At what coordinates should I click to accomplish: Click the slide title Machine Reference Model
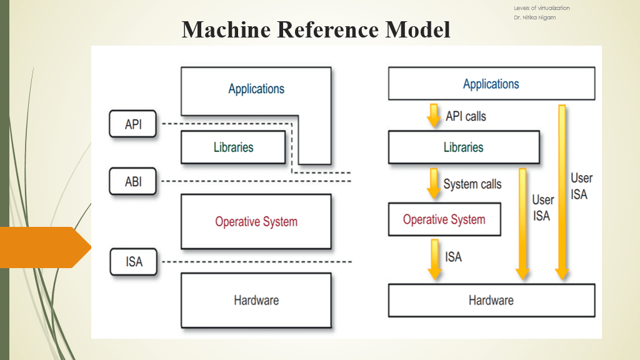pyautogui.click(x=316, y=29)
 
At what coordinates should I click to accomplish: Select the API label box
pyautogui.click(x=133, y=124)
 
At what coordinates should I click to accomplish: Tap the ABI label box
pyautogui.click(x=133, y=182)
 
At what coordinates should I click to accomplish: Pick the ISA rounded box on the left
pyautogui.click(x=134, y=261)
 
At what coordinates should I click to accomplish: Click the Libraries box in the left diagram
pyautogui.click(x=234, y=147)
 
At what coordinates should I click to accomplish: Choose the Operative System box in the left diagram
pyautogui.click(x=256, y=221)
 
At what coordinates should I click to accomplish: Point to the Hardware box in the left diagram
pyautogui.click(x=256, y=300)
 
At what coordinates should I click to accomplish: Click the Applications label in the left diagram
pyautogui.click(x=256, y=89)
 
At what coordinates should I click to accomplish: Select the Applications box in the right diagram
pyautogui.click(x=491, y=84)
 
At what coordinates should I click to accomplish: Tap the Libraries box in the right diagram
pyautogui.click(x=464, y=147)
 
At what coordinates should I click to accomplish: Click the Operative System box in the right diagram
pyautogui.click(x=444, y=219)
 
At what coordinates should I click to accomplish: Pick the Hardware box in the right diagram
pyautogui.click(x=491, y=300)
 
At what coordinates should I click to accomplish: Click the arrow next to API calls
pyautogui.click(x=433, y=116)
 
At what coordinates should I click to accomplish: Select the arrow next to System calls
pyautogui.click(x=432, y=183)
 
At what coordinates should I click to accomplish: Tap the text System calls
pyautogui.click(x=472, y=184)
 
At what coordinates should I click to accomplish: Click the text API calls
pyautogui.click(x=466, y=116)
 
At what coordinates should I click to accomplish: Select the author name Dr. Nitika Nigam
pyautogui.click(x=534, y=17)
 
